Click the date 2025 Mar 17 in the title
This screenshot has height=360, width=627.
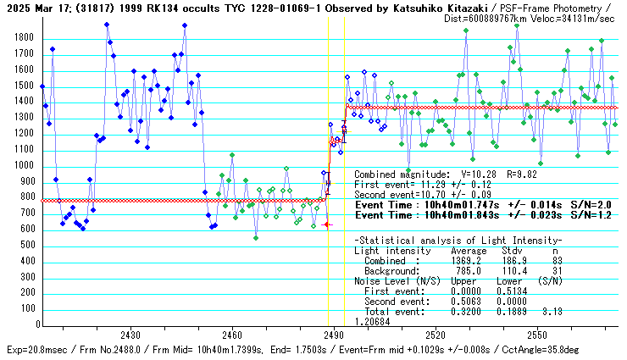pos(36,8)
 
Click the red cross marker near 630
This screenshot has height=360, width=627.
pos(327,224)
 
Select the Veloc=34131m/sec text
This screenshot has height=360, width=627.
pos(569,17)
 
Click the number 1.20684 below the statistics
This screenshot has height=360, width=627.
pos(372,322)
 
